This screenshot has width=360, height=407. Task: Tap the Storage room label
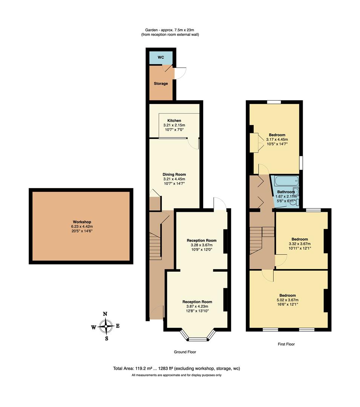click(x=161, y=84)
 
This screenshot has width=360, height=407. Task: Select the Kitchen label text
click(x=174, y=121)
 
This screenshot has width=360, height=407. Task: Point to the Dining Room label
click(x=174, y=174)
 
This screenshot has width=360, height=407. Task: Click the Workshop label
click(x=82, y=222)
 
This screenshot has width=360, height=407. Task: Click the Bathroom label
click(x=286, y=192)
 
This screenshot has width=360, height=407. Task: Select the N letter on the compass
click(x=106, y=314)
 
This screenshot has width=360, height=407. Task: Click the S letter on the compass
click(x=106, y=338)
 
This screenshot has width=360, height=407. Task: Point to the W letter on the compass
click(x=93, y=327)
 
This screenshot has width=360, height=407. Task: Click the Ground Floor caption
click(x=185, y=352)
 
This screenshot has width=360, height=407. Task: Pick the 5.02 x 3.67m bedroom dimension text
click(x=287, y=300)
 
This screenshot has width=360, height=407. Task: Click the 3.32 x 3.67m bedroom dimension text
click(x=299, y=244)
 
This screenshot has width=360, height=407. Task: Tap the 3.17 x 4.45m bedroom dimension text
click(x=277, y=139)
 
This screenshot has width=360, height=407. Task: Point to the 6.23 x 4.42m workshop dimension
click(x=82, y=226)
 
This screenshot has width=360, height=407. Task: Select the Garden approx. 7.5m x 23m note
click(x=170, y=30)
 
